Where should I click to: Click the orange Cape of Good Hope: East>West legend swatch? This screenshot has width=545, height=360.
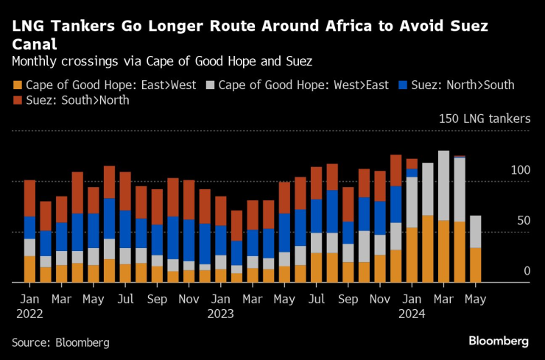click(18, 85)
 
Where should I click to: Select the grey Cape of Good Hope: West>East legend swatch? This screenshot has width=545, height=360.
click(211, 85)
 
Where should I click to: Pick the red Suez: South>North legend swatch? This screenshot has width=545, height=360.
click(18, 100)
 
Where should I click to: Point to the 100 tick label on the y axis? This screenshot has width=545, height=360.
click(520, 170)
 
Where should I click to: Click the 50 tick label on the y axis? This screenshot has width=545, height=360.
click(523, 221)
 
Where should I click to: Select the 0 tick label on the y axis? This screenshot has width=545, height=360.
click(527, 272)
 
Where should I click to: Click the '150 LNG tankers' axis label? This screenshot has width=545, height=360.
click(484, 119)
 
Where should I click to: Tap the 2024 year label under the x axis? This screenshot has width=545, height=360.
click(411, 314)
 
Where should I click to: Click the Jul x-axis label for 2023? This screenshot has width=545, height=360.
click(316, 300)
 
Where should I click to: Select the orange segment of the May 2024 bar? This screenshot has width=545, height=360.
click(476, 265)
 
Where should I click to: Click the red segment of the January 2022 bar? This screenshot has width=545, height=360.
click(29, 198)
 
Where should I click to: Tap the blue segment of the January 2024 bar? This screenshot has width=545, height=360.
click(412, 173)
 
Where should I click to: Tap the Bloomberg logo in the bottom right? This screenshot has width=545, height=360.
click(499, 341)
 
